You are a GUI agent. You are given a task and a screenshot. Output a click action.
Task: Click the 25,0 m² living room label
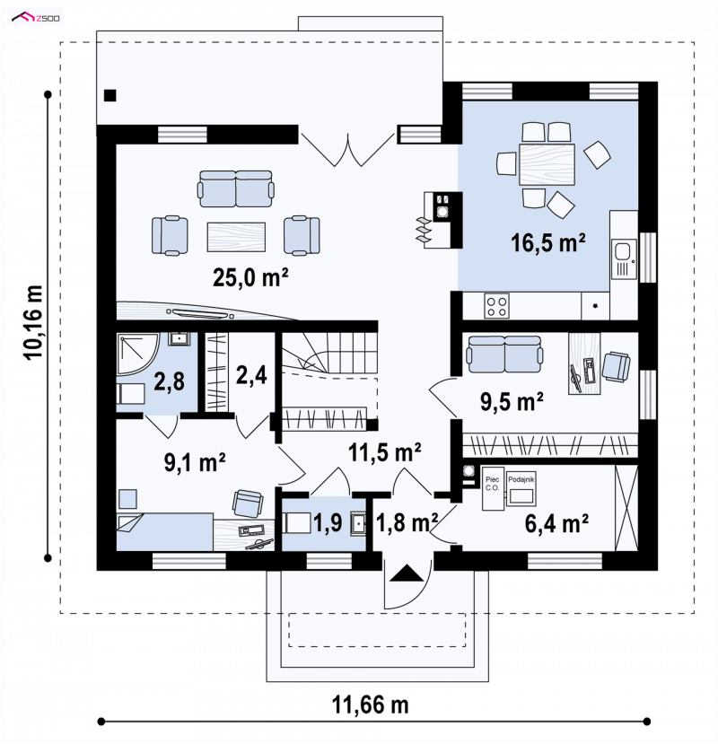tap(250, 276)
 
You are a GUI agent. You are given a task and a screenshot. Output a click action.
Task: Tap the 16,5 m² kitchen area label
tap(547, 242)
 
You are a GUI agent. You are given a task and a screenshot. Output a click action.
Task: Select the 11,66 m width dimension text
tap(370, 705)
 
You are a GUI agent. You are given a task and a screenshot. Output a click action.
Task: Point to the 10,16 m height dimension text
tap(35, 323)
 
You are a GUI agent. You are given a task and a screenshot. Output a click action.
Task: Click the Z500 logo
tap(37, 18)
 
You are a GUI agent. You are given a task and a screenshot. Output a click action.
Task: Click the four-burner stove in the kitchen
tap(496, 305)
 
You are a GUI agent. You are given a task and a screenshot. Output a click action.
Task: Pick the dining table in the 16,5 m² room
tap(547, 164)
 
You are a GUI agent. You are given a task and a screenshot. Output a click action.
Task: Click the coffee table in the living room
tap(236, 237)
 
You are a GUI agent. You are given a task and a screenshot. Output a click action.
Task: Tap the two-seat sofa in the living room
tap(236, 188)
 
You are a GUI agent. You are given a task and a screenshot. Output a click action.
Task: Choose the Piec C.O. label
tap(492, 484)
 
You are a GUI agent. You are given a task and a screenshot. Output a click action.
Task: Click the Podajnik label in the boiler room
tap(521, 480)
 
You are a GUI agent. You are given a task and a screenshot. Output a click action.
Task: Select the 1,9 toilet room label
tap(328, 523)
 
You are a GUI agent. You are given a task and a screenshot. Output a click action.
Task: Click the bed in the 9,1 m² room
tap(164, 531)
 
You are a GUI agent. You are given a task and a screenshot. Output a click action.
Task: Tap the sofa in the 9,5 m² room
tap(504, 354)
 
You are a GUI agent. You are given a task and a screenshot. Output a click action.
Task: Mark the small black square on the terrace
tap(110, 95)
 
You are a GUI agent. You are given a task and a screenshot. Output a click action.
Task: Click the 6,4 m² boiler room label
tap(556, 523)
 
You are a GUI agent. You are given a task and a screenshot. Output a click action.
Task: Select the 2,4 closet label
tap(251, 375)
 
